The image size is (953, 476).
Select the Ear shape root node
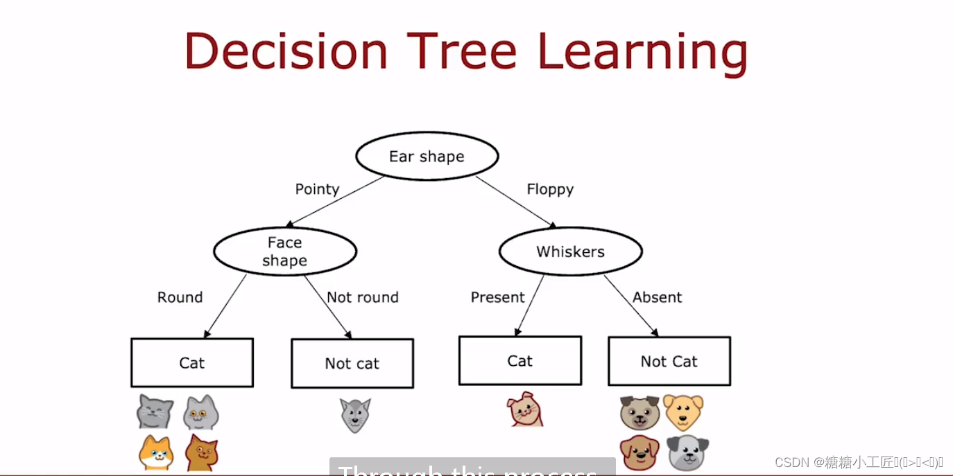click(x=427, y=157)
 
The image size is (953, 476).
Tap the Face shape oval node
click(x=284, y=252)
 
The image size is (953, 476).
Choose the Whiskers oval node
click(x=570, y=252)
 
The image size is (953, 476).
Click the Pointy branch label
click(x=317, y=189)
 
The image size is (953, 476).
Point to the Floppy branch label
click(x=550, y=189)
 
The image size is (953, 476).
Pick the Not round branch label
click(x=362, y=297)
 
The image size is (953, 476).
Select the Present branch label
click(x=497, y=297)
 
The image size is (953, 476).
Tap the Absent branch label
click(x=657, y=297)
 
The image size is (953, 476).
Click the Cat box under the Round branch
click(x=192, y=363)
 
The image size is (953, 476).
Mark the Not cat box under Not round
click(x=352, y=364)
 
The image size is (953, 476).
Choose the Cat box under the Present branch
click(x=520, y=361)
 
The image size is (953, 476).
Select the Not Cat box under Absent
click(x=669, y=361)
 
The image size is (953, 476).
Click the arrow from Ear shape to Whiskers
click(x=515, y=202)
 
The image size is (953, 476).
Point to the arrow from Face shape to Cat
click(x=225, y=306)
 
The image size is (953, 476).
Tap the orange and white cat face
click(x=156, y=452)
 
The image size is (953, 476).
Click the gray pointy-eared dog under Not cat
click(x=354, y=415)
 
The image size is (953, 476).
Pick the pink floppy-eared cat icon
click(x=525, y=409)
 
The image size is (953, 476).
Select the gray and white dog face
click(x=687, y=452)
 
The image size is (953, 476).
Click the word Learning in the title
click(x=642, y=53)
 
